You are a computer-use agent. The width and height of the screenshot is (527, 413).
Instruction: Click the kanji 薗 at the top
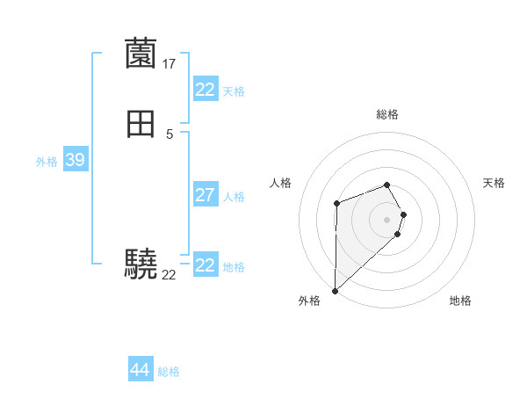141,54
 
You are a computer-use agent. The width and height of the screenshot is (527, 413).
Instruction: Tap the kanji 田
141,125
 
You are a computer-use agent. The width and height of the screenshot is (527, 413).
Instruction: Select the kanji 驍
141,264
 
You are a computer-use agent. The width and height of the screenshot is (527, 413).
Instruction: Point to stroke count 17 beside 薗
170,64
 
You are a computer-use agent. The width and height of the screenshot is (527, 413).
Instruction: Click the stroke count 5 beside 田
170,134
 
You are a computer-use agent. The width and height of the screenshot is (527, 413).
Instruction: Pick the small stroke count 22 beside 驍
169,275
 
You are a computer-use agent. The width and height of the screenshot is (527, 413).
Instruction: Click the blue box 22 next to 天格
205,90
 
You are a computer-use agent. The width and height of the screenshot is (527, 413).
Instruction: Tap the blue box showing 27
205,195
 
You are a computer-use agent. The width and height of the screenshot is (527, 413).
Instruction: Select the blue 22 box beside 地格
205,265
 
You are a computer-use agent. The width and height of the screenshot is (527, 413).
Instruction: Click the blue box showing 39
75,160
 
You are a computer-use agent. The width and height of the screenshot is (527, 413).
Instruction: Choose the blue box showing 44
140,370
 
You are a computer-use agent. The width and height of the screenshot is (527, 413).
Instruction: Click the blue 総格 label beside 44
169,372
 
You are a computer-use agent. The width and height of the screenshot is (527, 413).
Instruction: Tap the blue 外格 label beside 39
47,162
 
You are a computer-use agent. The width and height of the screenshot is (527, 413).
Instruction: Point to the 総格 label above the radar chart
386,114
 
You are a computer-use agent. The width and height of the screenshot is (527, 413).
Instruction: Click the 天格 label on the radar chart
494,183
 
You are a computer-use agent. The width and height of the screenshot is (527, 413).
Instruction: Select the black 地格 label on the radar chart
460,301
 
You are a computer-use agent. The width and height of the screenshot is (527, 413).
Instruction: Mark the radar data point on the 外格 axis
335,290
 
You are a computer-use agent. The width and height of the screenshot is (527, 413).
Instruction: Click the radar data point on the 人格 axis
336,204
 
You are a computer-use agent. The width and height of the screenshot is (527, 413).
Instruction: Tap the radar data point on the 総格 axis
386,185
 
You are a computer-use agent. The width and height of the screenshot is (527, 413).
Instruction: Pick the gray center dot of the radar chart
386,219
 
